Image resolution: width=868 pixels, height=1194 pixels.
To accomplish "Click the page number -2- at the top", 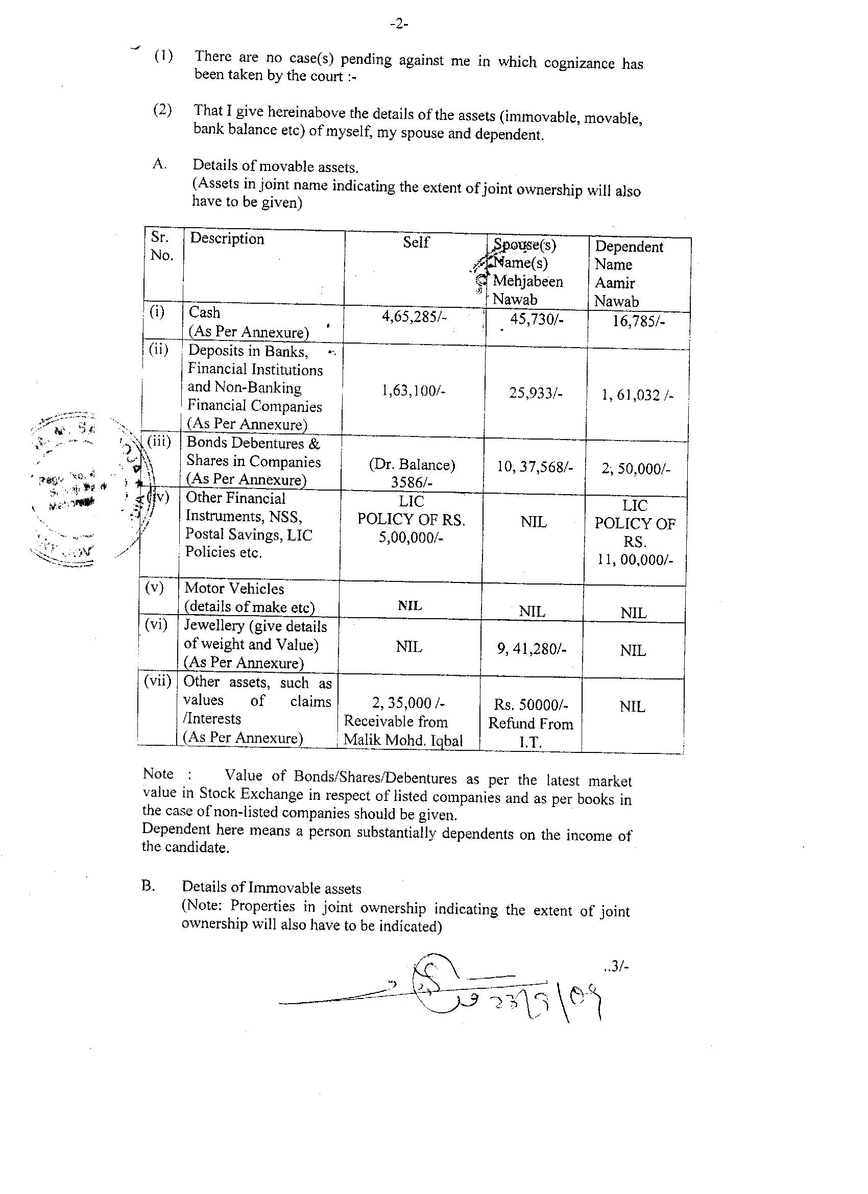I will pos(399,24).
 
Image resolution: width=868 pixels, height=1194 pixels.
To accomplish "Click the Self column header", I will pos(416,242).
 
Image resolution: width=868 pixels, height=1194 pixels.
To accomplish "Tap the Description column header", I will pos(227,238).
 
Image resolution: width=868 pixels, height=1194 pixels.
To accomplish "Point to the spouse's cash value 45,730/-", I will pos(537,320).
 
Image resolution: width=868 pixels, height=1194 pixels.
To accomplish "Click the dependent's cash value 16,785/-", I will pos(638,321).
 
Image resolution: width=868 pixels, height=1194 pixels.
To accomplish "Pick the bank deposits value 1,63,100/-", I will pos(414,391).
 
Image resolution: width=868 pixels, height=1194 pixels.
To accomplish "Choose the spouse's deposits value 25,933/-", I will pos(536,393).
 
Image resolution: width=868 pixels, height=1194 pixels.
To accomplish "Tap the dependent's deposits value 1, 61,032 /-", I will pos(637,396).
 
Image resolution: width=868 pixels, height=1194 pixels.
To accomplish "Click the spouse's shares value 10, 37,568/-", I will pos(535,467).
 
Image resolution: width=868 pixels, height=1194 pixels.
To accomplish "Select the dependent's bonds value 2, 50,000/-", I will pos(636,469).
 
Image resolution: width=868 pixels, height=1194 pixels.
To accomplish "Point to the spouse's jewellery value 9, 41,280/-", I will pos(532,649).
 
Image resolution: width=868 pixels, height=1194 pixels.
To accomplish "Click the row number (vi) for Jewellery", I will pos(156,625).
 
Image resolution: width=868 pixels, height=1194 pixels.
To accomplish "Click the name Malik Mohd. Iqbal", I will pos(403,740).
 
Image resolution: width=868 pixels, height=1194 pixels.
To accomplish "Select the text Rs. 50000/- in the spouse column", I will pos(531,704).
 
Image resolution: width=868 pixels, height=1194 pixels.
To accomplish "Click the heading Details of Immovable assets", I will pos(272,888).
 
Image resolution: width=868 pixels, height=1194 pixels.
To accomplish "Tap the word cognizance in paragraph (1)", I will pos(579,63).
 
